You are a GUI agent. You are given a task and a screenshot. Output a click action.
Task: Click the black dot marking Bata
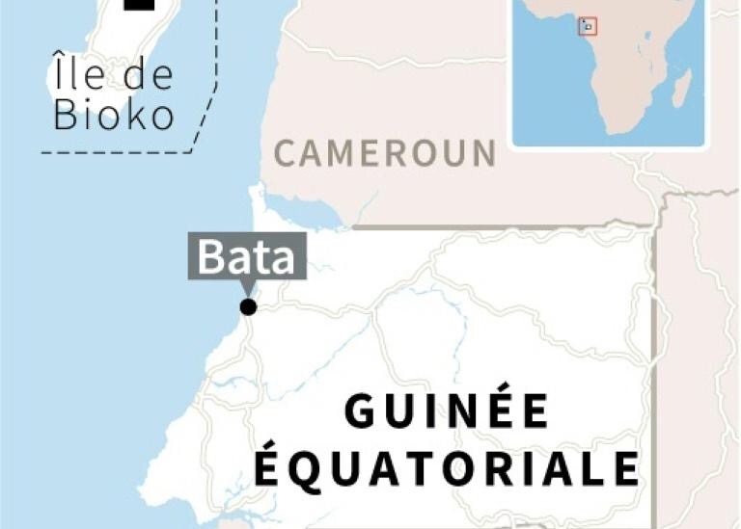(x=249, y=307)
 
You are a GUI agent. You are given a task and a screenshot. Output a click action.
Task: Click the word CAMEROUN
(x=385, y=153)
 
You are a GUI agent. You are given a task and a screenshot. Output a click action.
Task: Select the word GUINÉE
(x=448, y=412)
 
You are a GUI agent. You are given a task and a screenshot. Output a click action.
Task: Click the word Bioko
(x=114, y=115)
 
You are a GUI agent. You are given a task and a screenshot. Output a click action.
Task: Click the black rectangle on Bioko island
(x=141, y=5)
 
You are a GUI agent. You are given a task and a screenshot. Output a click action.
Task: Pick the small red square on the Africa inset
(x=588, y=27)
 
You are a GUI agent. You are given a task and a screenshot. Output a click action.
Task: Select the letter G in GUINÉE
(x=360, y=412)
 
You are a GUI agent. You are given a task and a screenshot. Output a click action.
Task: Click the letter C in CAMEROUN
(x=286, y=153)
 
